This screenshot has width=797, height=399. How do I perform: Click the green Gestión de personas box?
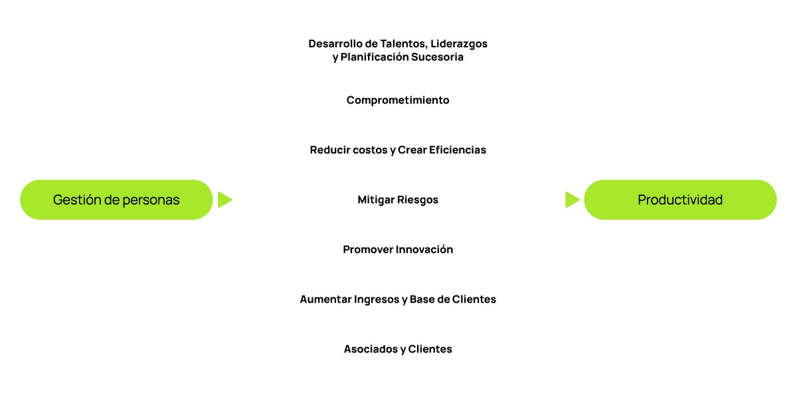pyautogui.click(x=116, y=199)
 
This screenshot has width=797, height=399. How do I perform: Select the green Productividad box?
pyautogui.click(x=680, y=199)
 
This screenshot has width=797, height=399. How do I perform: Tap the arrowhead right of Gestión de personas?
pyautogui.click(x=225, y=199)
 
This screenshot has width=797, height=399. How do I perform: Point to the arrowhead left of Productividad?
pyautogui.click(x=572, y=199)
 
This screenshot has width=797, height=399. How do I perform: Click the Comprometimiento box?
pyautogui.click(x=398, y=100)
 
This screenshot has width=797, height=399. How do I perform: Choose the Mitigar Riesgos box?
pyautogui.click(x=398, y=199)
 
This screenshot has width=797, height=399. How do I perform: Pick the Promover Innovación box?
pyautogui.click(x=398, y=250)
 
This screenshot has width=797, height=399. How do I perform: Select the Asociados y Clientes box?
pyautogui.click(x=398, y=349)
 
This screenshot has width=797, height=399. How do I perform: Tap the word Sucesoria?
pyautogui.click(x=436, y=57)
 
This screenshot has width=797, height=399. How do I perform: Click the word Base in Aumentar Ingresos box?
pyautogui.click(x=423, y=299)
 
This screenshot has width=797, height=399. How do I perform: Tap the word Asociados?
pyautogui.click(x=370, y=349)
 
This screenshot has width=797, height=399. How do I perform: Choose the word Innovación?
pyautogui.click(x=424, y=250)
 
